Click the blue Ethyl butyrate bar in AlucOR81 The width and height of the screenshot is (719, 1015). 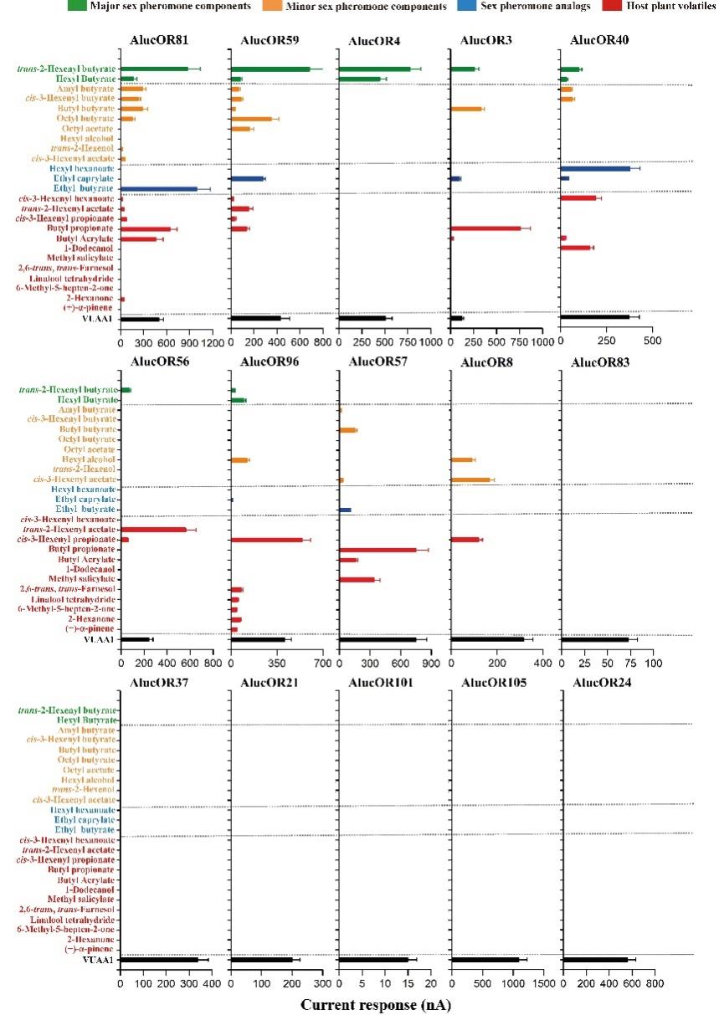tap(159, 189)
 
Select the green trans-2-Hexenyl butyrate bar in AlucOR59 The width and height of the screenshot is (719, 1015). tap(270, 69)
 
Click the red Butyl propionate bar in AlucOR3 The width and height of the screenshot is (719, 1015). tap(485, 228)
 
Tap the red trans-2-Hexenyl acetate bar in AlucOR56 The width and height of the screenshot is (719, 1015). tap(154, 530)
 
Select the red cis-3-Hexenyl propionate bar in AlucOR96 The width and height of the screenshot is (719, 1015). tap(266, 540)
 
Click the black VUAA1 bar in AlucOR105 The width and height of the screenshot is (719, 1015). tap(485, 960)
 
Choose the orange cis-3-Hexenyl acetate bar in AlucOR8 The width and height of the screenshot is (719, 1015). tap(470, 479)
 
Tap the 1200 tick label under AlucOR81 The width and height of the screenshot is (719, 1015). tap(213, 343)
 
